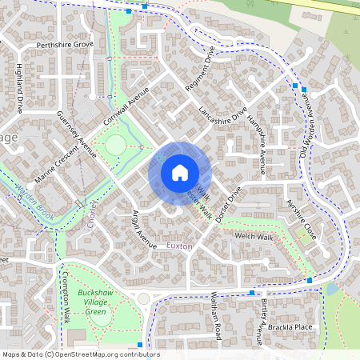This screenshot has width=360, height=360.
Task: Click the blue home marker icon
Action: pos(180,172)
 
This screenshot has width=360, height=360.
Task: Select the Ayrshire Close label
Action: pos(302,220)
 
